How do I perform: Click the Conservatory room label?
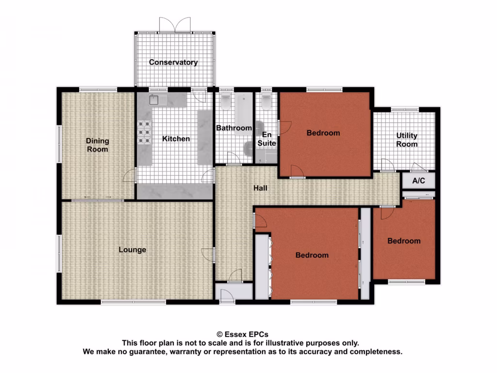(173, 62)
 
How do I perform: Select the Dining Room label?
(98, 145)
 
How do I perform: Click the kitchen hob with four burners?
(145, 132)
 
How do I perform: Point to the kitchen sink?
(155, 100)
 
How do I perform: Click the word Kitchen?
(176, 139)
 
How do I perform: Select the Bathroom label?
(234, 128)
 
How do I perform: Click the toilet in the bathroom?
(226, 102)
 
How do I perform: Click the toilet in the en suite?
(265, 102)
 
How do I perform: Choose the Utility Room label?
(407, 140)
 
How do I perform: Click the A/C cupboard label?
(418, 181)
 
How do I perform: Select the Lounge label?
(133, 250)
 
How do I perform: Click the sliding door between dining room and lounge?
(98, 200)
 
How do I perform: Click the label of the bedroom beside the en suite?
(323, 133)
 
